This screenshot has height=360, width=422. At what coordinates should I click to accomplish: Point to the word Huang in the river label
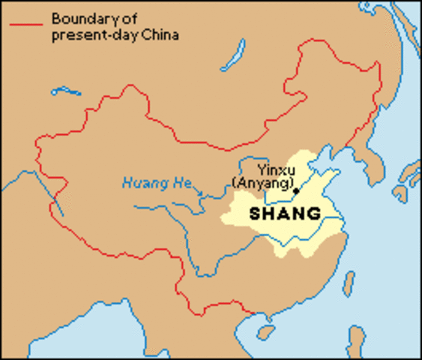[138, 182]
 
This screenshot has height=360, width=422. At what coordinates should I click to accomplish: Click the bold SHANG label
[285, 214]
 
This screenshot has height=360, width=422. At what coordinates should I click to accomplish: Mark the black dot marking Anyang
[296, 191]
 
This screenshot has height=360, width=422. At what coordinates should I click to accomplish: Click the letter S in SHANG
[255, 214]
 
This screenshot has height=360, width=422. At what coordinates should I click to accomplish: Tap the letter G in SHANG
[314, 214]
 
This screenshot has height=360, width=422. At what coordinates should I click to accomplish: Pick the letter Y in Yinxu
[259, 169]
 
